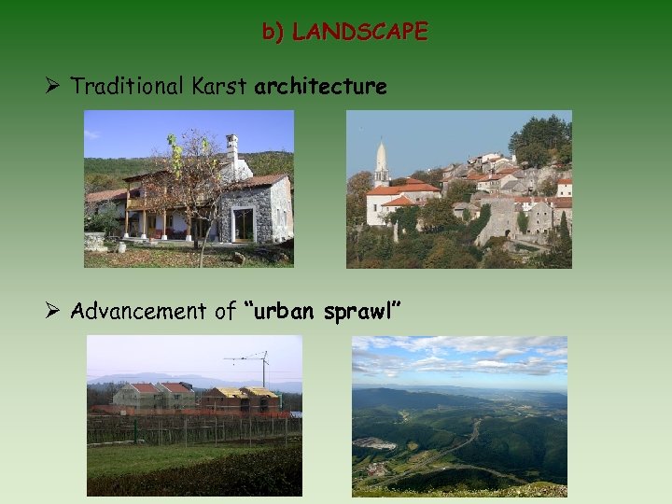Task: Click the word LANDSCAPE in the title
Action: (359, 33)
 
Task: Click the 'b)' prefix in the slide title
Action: (273, 33)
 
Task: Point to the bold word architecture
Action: (320, 87)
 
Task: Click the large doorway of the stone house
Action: (243, 225)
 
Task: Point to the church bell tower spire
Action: (381, 157)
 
